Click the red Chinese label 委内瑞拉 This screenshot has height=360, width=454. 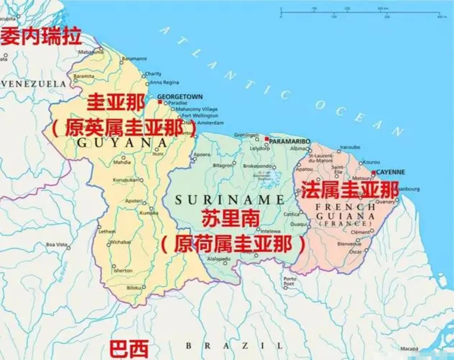coord(41,37)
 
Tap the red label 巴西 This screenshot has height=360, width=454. coord(129,348)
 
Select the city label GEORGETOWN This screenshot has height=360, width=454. coord(180,97)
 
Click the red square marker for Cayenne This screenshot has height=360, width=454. coord(374,173)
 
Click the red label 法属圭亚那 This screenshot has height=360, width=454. coord(350,190)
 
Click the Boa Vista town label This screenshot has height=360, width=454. coord(56,245)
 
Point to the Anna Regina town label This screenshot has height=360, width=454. coord(164,82)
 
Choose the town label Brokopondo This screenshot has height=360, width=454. coord(256,166)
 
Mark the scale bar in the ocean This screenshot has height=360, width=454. coord(360,15)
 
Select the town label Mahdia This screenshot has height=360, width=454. coord(122,162)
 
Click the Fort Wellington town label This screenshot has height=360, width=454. coord(200,116)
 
